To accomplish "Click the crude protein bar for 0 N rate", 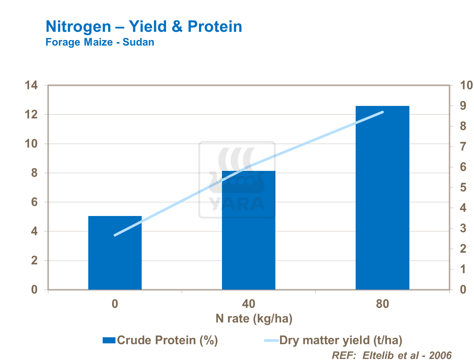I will coord(115,253).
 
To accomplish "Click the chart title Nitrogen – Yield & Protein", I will coord(144,26).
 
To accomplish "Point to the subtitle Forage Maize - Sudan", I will coord(100,42).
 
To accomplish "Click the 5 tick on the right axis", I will coord(463,188).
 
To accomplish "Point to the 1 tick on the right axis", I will coord(463,269).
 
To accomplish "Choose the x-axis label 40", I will coord(249,304).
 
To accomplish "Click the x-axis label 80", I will coord(382,304).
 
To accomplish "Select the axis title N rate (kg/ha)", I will coord(254,319).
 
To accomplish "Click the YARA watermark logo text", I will coord(237,204).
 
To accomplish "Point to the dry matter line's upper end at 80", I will coord(382,112).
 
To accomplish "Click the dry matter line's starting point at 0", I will coord(115,235).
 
